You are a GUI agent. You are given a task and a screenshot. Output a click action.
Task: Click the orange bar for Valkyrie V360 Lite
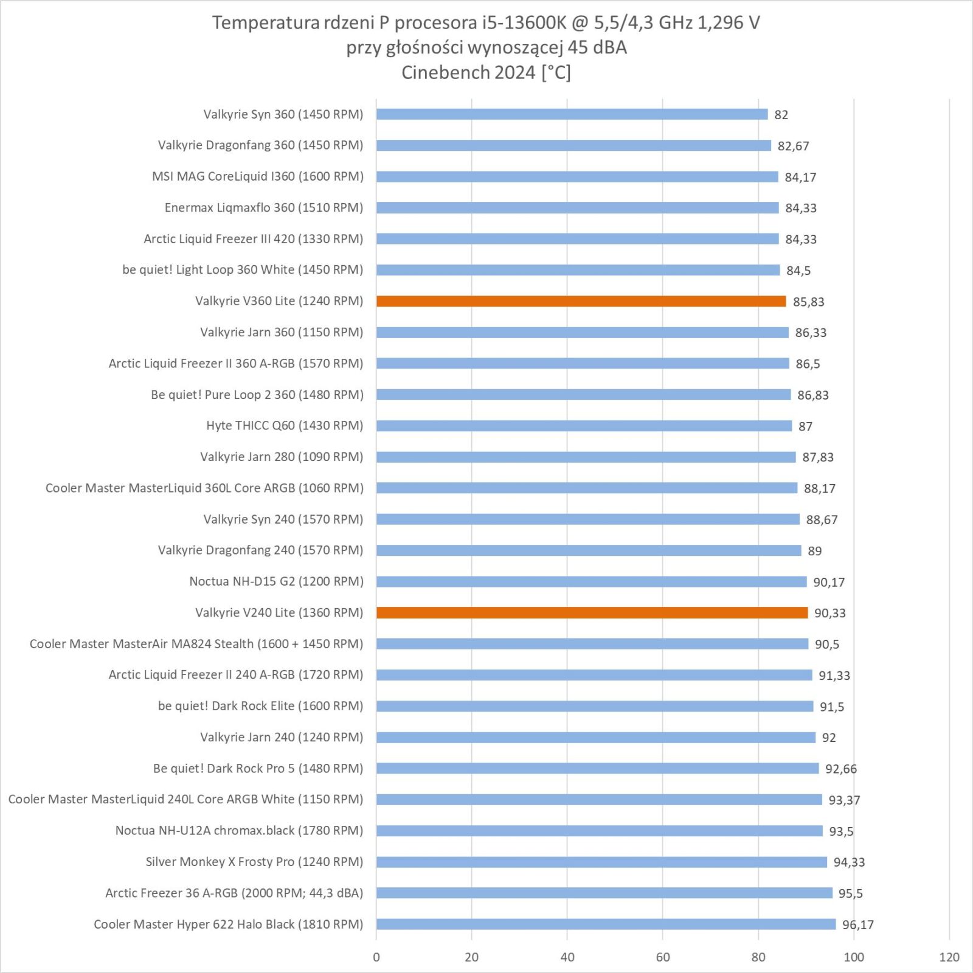click(581, 301)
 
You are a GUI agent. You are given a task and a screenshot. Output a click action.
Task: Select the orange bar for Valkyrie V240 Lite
click(592, 612)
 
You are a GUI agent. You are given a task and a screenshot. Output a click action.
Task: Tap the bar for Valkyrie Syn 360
click(572, 114)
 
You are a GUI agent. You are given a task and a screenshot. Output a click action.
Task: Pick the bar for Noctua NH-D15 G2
click(591, 581)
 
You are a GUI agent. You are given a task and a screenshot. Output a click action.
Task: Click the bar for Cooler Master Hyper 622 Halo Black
click(606, 924)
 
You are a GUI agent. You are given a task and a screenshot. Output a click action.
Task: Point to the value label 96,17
click(857, 925)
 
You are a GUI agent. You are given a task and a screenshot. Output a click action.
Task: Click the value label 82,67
click(793, 146)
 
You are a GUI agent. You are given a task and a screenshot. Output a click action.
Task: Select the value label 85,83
click(808, 302)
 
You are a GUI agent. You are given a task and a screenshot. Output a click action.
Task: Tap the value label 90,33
click(829, 613)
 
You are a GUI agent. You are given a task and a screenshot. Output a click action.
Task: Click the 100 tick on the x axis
click(853, 957)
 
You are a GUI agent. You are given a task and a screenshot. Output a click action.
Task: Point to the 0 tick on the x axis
click(376, 957)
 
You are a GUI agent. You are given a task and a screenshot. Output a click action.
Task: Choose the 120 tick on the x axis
click(949, 957)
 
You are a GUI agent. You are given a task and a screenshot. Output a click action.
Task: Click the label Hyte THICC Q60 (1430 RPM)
click(285, 426)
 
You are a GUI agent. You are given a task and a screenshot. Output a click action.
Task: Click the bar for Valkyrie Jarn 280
click(586, 457)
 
